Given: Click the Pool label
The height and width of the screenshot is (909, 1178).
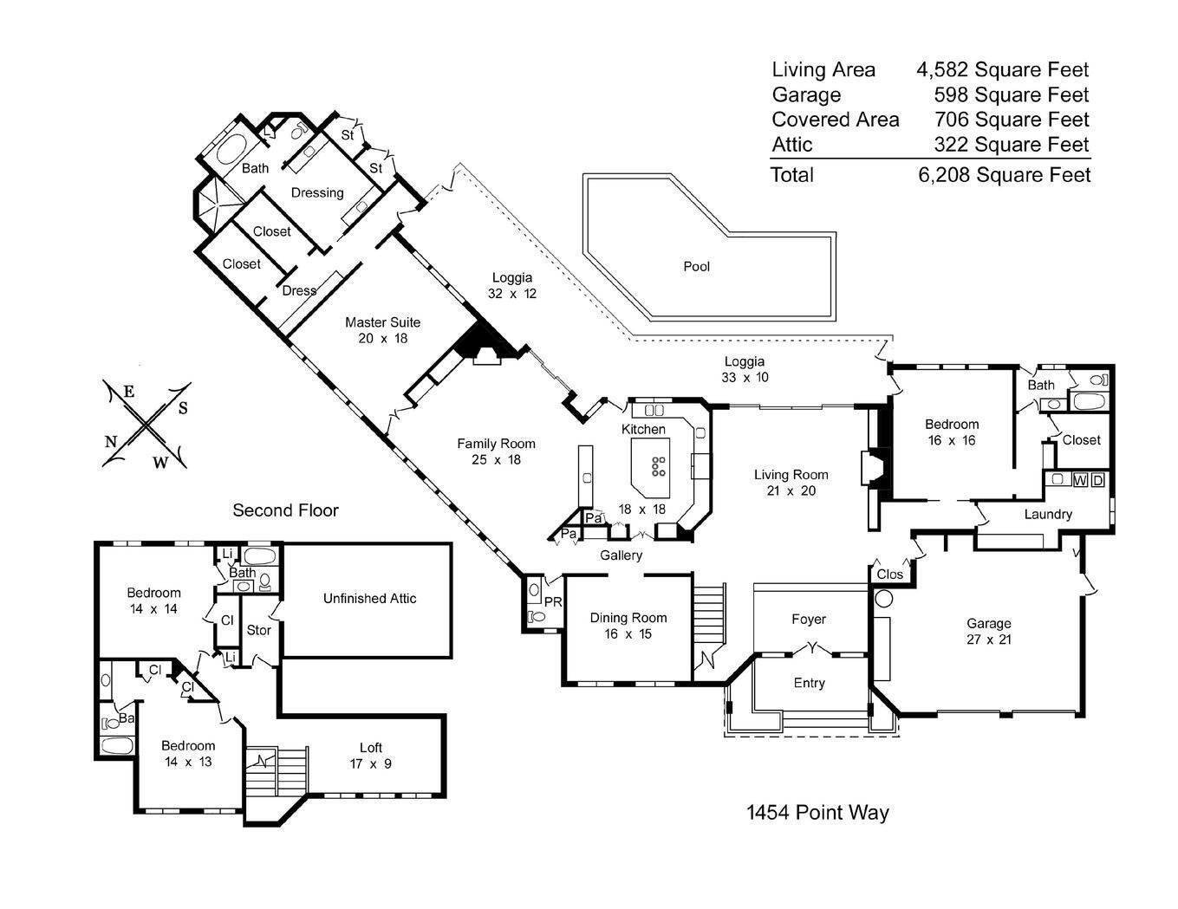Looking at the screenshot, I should tap(696, 267).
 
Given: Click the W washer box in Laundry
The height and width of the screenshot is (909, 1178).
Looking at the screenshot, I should tap(1080, 480).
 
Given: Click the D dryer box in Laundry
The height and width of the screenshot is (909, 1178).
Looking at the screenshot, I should tap(1097, 480).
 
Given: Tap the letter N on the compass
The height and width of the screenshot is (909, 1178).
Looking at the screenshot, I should tap(111, 441).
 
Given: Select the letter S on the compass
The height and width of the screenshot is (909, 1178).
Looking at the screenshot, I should tap(183, 408).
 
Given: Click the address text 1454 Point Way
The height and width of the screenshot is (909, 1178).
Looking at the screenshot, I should tap(817, 812).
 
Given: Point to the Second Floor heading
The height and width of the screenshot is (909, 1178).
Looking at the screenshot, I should tap(285, 510).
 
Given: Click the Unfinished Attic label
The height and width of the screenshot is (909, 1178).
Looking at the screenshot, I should tap(369, 598).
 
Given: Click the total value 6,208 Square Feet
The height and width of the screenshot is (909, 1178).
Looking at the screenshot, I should tap(1004, 175).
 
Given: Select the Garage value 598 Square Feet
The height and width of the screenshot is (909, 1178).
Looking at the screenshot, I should tap(1011, 94).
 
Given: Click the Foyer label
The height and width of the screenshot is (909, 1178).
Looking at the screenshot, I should tap(809, 620).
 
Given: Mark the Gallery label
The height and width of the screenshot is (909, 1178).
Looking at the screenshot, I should tap(622, 555).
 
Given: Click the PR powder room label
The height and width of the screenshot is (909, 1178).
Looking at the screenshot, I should tap(553, 601).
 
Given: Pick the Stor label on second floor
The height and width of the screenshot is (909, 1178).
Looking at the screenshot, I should tap(258, 630).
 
